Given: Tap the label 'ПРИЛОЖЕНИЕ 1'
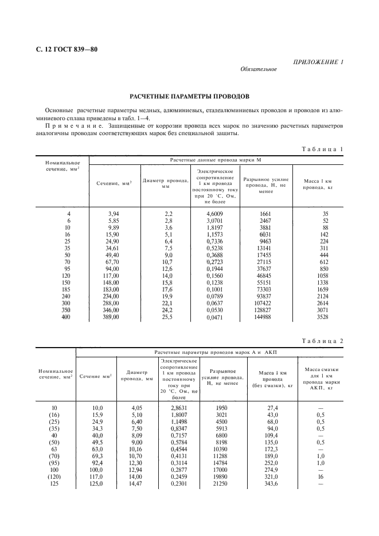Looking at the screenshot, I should point(318,61).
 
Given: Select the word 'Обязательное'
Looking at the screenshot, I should point(258,69).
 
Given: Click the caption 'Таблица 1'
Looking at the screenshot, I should point(322,149).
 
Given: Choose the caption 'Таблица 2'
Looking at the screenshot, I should point(322,341).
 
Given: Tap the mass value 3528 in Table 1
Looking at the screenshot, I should point(317,317).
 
